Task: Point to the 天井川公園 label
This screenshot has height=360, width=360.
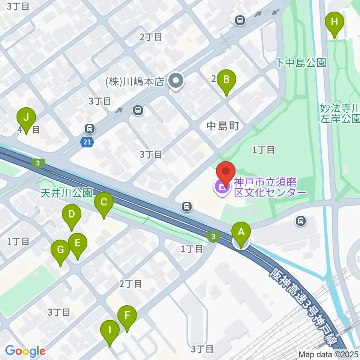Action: click(x=66, y=193)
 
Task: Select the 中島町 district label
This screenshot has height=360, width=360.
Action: click(x=223, y=126)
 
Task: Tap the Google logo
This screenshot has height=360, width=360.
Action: click(x=25, y=351)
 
